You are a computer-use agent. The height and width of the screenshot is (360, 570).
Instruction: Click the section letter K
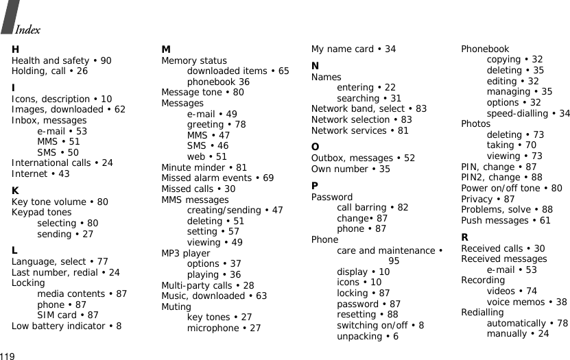(15, 189)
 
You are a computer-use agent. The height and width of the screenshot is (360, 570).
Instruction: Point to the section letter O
(315, 146)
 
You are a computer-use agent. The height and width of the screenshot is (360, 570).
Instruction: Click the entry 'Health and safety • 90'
(62, 60)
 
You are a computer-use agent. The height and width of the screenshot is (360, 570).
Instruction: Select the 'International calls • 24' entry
(62, 163)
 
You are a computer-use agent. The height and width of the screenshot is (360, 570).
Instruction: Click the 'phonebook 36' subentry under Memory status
(218, 82)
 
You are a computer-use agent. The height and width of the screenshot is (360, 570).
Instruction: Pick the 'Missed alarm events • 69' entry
(217, 178)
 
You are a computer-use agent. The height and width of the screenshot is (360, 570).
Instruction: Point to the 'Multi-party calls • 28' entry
(208, 285)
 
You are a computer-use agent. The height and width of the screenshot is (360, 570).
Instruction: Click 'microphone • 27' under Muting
(224, 328)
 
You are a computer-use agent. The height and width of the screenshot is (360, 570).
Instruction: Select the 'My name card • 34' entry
(353, 49)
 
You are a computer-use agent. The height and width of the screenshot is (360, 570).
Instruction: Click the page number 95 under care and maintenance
(394, 261)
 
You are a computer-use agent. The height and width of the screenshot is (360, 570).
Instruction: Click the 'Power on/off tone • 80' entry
(512, 188)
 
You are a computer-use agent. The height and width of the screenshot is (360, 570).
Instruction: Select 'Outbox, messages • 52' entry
(363, 158)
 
